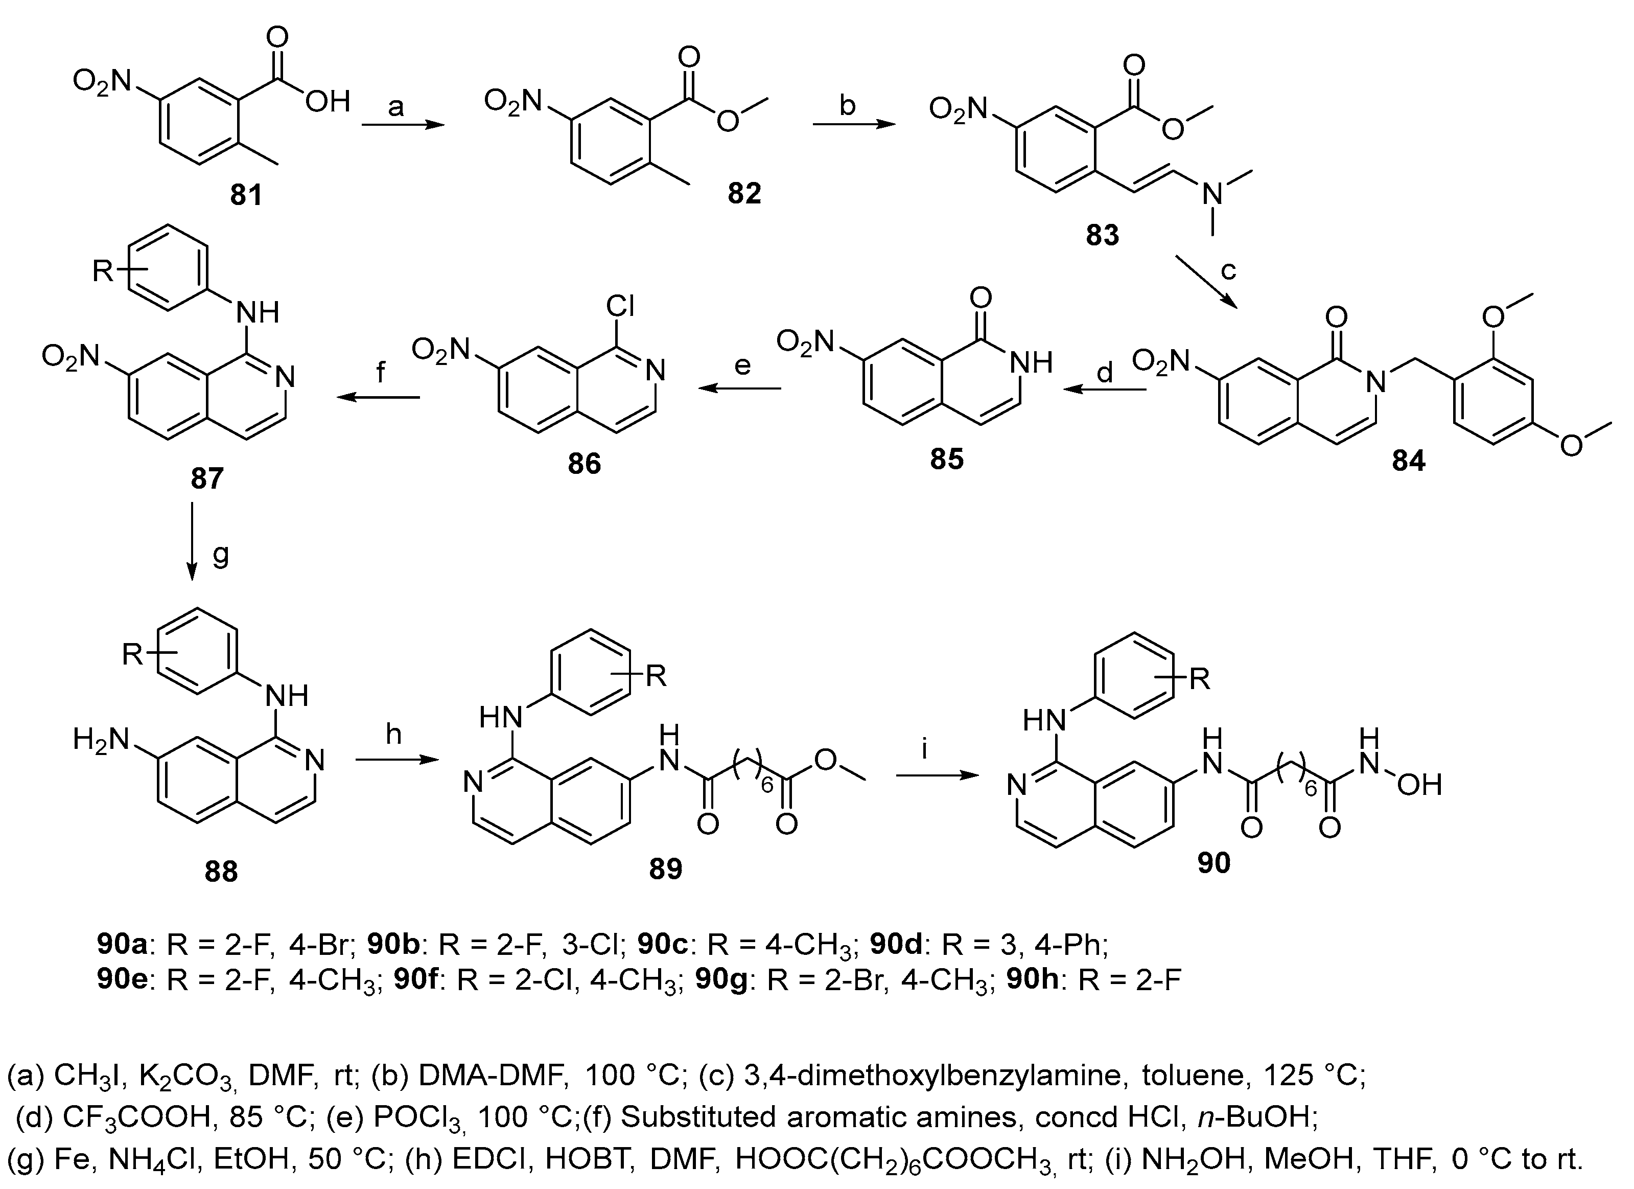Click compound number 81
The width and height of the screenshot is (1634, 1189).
point(246,195)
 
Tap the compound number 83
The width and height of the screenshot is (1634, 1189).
point(1102,235)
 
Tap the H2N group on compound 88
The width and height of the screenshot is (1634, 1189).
point(101,741)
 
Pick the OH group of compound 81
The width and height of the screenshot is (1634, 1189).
point(327,102)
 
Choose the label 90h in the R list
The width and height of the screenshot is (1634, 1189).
point(1034,981)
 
